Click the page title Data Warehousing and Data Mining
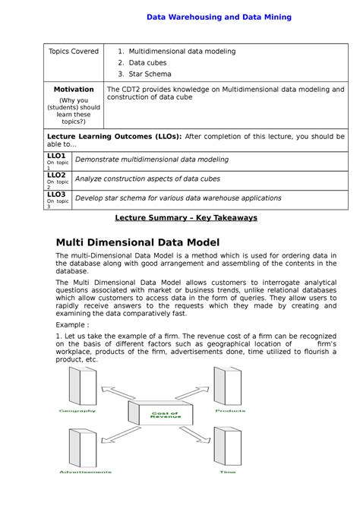click(218, 16)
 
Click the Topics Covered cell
click(74, 51)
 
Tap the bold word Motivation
click(74, 89)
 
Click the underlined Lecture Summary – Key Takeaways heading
click(186, 217)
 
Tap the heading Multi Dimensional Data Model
click(137, 242)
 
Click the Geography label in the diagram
click(78, 411)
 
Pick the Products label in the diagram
click(229, 411)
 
